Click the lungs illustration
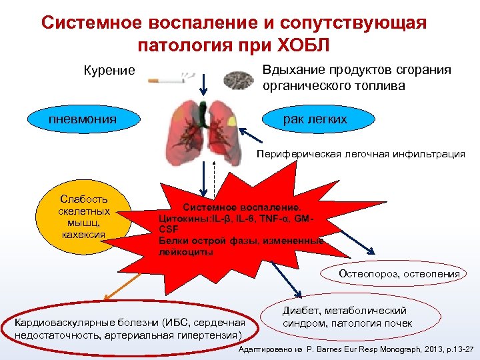[x=204, y=130]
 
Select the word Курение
[x=109, y=70]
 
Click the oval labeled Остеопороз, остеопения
[x=399, y=274]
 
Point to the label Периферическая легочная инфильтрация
[x=361, y=154]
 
